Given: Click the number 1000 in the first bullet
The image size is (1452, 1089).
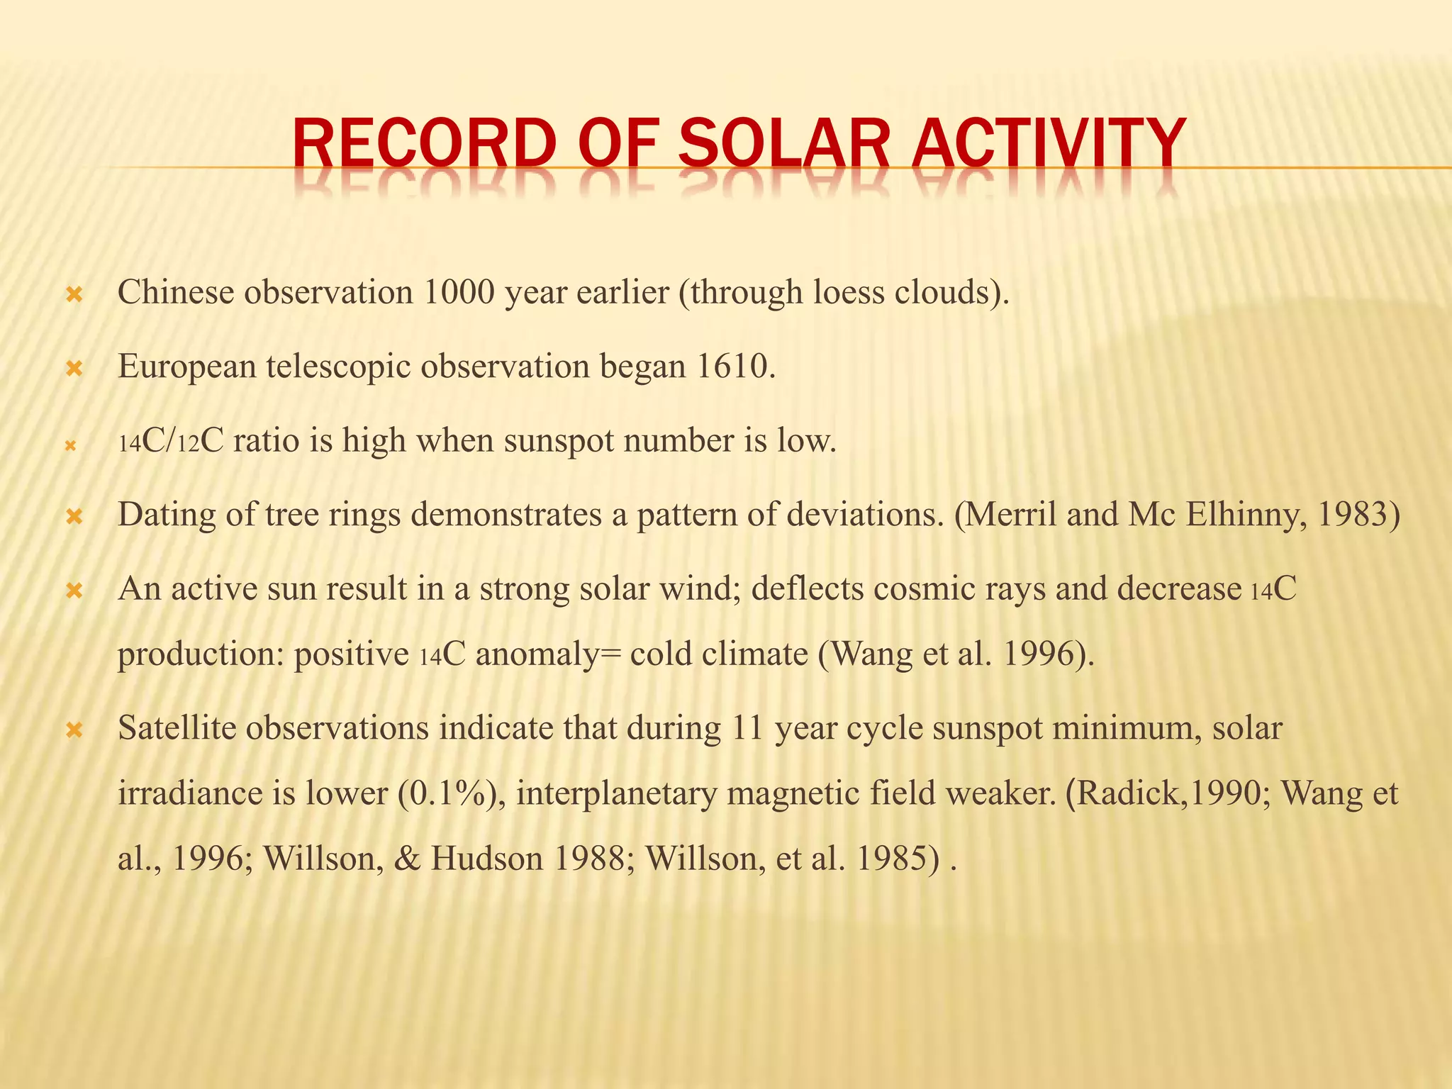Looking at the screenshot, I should pos(458,292).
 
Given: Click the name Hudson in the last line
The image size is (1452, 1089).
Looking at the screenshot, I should pos(486,859).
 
